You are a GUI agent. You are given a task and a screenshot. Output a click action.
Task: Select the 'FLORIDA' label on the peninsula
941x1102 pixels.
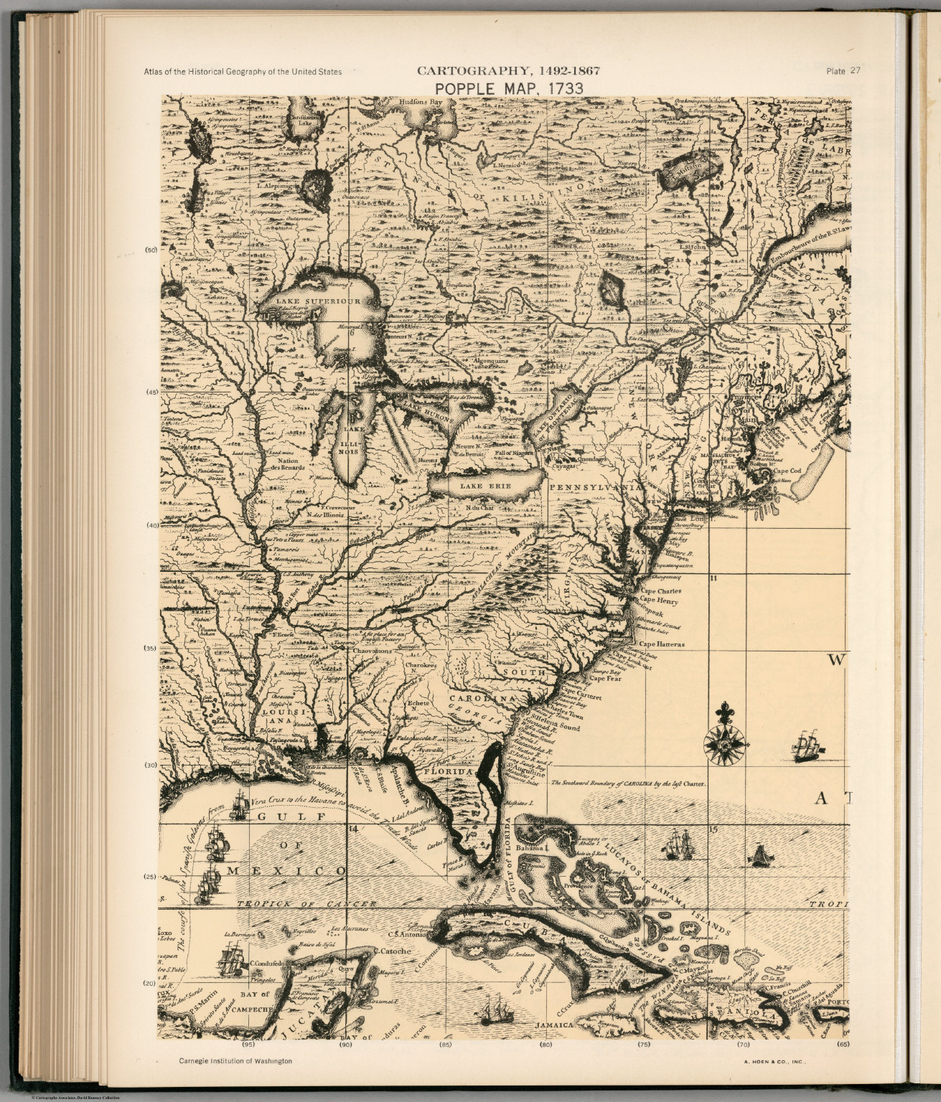pyautogui.click(x=449, y=772)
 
